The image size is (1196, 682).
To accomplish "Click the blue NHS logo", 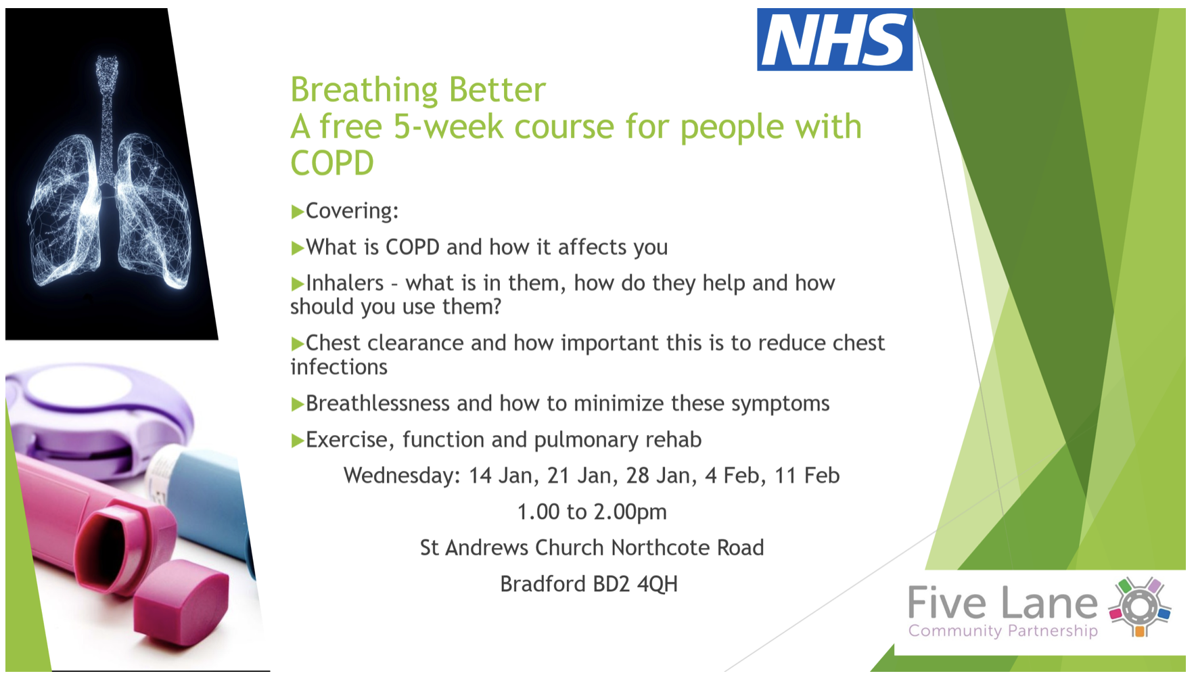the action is [x=834, y=39].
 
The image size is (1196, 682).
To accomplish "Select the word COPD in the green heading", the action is [x=332, y=163].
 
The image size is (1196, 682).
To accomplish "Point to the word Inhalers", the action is [x=345, y=283].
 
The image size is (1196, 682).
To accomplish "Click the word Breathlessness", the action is [x=377, y=403].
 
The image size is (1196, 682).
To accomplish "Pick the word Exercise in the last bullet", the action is [x=348, y=440].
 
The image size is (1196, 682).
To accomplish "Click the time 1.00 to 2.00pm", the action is [x=592, y=512].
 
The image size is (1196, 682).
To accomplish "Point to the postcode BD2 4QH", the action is [x=635, y=584].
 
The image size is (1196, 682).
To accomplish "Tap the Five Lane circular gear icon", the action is [x=1140, y=607].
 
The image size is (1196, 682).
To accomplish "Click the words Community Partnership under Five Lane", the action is [x=1003, y=631].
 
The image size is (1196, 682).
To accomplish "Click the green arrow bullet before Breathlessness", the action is [x=297, y=405].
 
